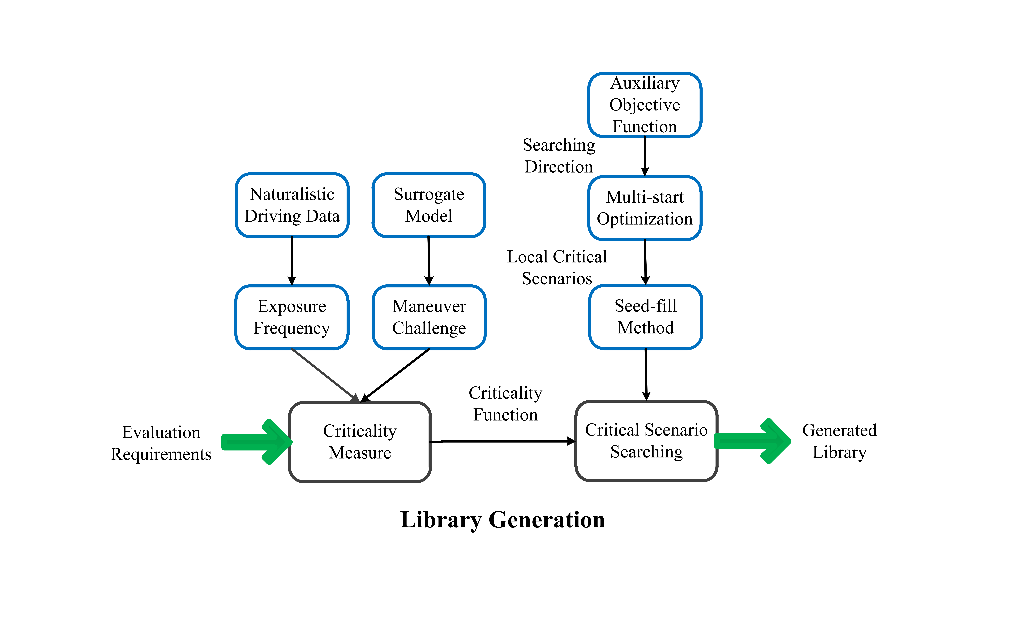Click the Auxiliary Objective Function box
coord(645,105)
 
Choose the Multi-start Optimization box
coord(645,208)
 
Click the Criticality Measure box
coord(360,442)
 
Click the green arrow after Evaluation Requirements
coord(257,442)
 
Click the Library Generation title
coord(502,520)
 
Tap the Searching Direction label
coord(559,156)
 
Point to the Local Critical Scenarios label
coord(557,267)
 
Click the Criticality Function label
coord(505,404)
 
